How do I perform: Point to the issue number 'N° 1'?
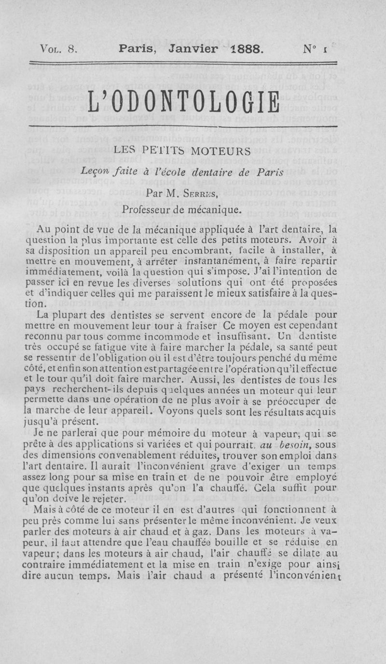(313, 49)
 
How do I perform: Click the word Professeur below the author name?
(147, 209)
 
